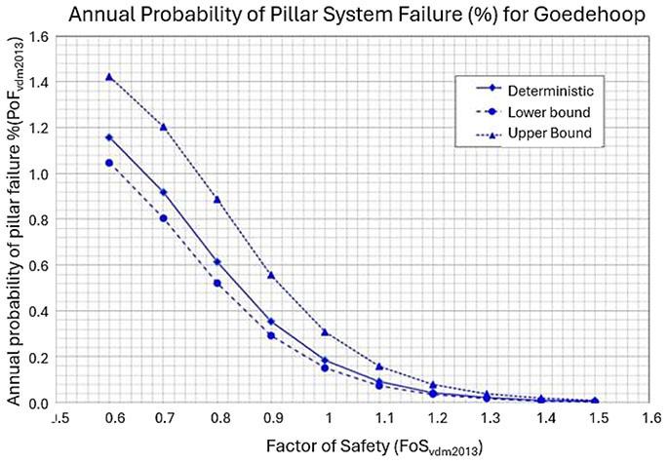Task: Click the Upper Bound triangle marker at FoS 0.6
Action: (x=109, y=77)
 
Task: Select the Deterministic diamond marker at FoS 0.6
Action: (x=109, y=137)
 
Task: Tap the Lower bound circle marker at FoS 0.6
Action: (x=109, y=163)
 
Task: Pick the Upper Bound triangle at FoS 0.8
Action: (x=217, y=200)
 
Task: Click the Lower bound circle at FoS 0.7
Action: (x=163, y=218)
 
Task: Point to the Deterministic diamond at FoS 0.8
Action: (x=217, y=262)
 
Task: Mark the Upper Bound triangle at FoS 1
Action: (x=325, y=332)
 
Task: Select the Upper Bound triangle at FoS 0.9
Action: (x=271, y=275)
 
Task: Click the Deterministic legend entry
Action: (x=534, y=91)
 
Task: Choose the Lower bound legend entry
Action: (x=533, y=112)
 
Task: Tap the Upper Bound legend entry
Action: (x=533, y=134)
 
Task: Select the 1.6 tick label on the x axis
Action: (x=651, y=418)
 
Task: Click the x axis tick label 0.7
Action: (x=165, y=418)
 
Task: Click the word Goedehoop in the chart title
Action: (x=590, y=15)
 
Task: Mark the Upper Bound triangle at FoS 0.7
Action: (x=163, y=127)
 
